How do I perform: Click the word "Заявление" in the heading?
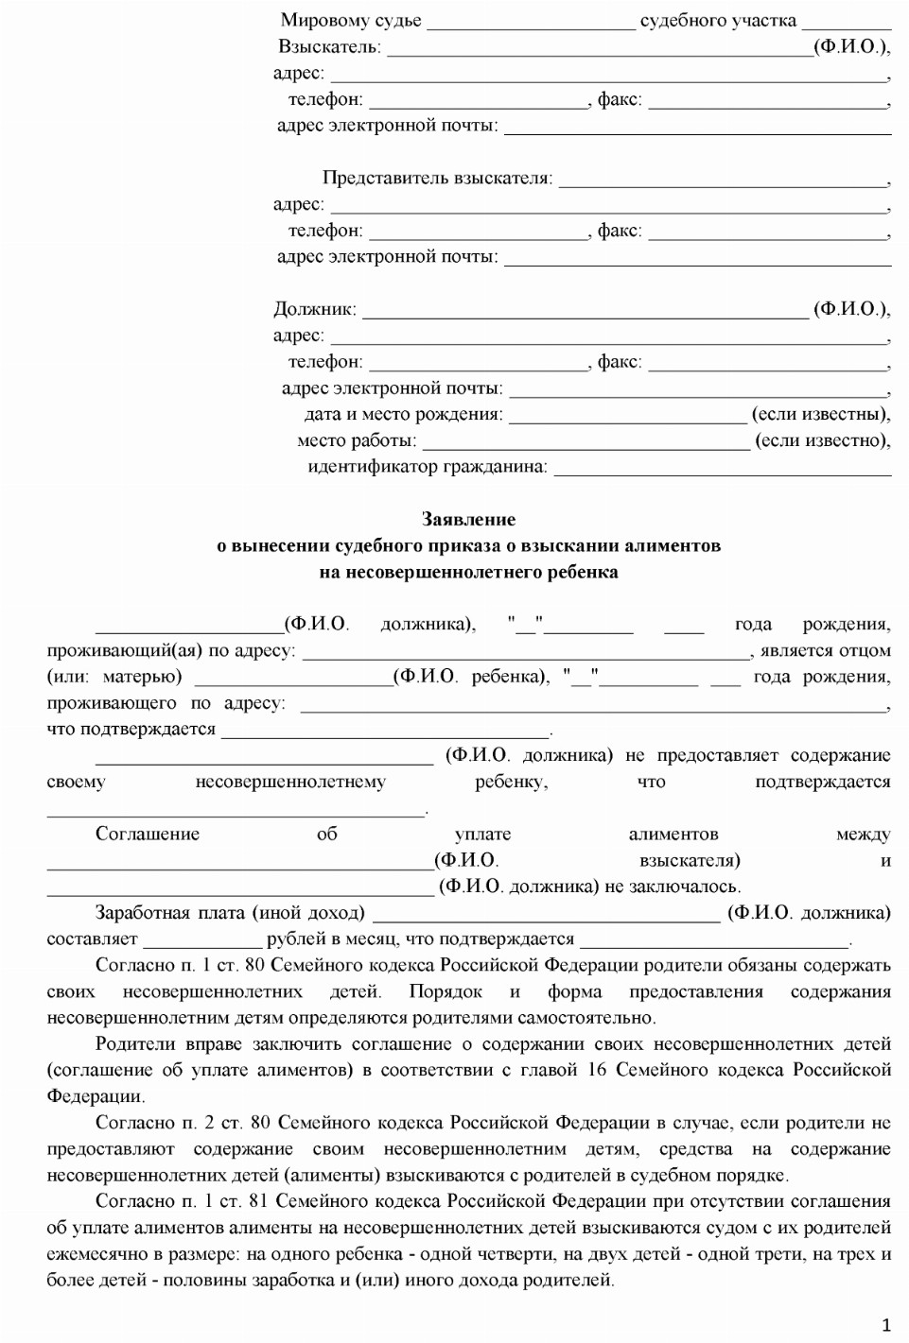point(468,519)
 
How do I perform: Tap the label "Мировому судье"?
point(351,20)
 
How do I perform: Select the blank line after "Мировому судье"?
point(531,25)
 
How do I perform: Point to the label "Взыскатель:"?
point(329,46)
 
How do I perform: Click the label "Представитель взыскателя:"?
point(437,178)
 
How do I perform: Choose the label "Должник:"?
point(315,309)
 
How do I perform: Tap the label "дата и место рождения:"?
point(404,414)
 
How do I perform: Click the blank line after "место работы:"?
point(586,445)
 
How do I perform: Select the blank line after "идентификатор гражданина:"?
point(722,472)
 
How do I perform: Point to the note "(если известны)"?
point(820,414)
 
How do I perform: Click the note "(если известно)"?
point(822,440)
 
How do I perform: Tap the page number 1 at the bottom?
point(886,1325)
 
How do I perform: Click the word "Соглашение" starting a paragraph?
point(148,834)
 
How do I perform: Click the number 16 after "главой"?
point(597,1070)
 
